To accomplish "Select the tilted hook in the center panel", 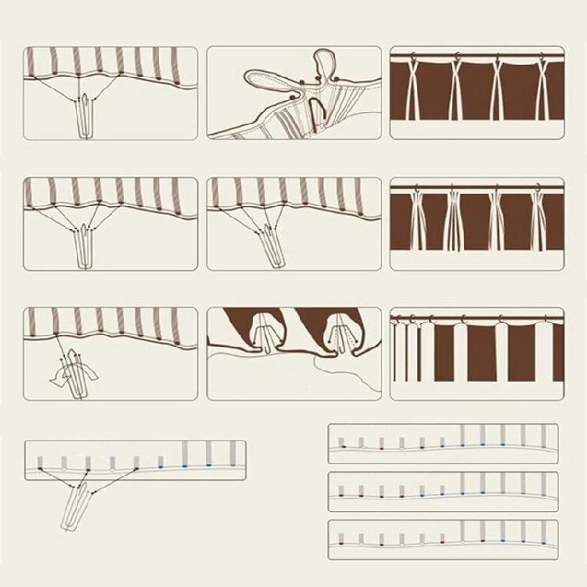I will [268, 244].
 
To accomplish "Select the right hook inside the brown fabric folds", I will [341, 332].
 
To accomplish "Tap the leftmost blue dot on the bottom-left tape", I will [160, 467].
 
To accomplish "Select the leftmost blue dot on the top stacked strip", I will [462, 445].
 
